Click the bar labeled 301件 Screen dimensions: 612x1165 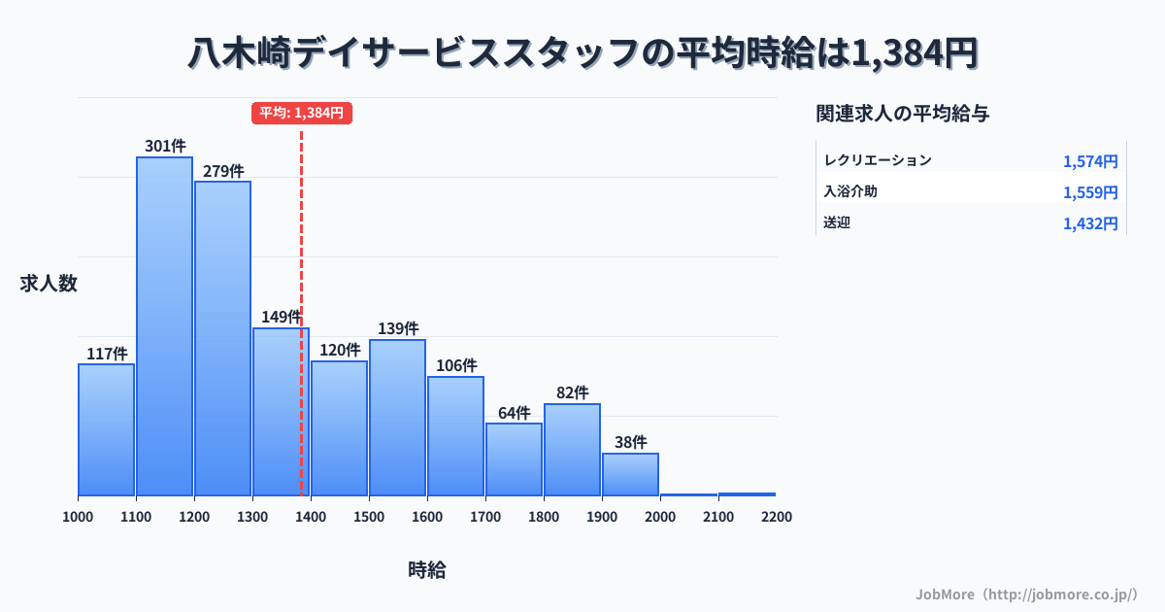pos(164,326)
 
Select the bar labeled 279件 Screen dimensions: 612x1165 pos(222,338)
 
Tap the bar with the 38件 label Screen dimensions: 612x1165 pos(630,474)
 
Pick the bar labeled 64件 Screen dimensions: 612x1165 pos(514,459)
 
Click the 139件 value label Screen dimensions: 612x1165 pos(398,328)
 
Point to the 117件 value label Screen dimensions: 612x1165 pos(107,354)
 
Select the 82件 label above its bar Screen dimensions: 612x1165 pos(573,392)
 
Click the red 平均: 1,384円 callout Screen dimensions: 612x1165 pos(302,113)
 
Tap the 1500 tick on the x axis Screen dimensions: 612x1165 pos(369,517)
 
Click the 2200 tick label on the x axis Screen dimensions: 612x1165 pos(777,517)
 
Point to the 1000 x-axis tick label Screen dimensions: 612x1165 pos(78,517)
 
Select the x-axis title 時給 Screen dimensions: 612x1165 pos(427,570)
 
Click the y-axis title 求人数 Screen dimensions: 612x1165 pos(49,284)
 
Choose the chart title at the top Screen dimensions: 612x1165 pos(582,53)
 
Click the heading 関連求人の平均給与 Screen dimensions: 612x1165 pos(903,114)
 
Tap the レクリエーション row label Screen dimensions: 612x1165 pos(878,160)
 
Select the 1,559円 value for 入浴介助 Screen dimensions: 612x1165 pos(1090,192)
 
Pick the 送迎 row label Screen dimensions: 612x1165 pos(837,222)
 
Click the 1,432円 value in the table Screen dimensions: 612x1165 pos(1090,223)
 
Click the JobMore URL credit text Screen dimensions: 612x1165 pos(1026,594)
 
